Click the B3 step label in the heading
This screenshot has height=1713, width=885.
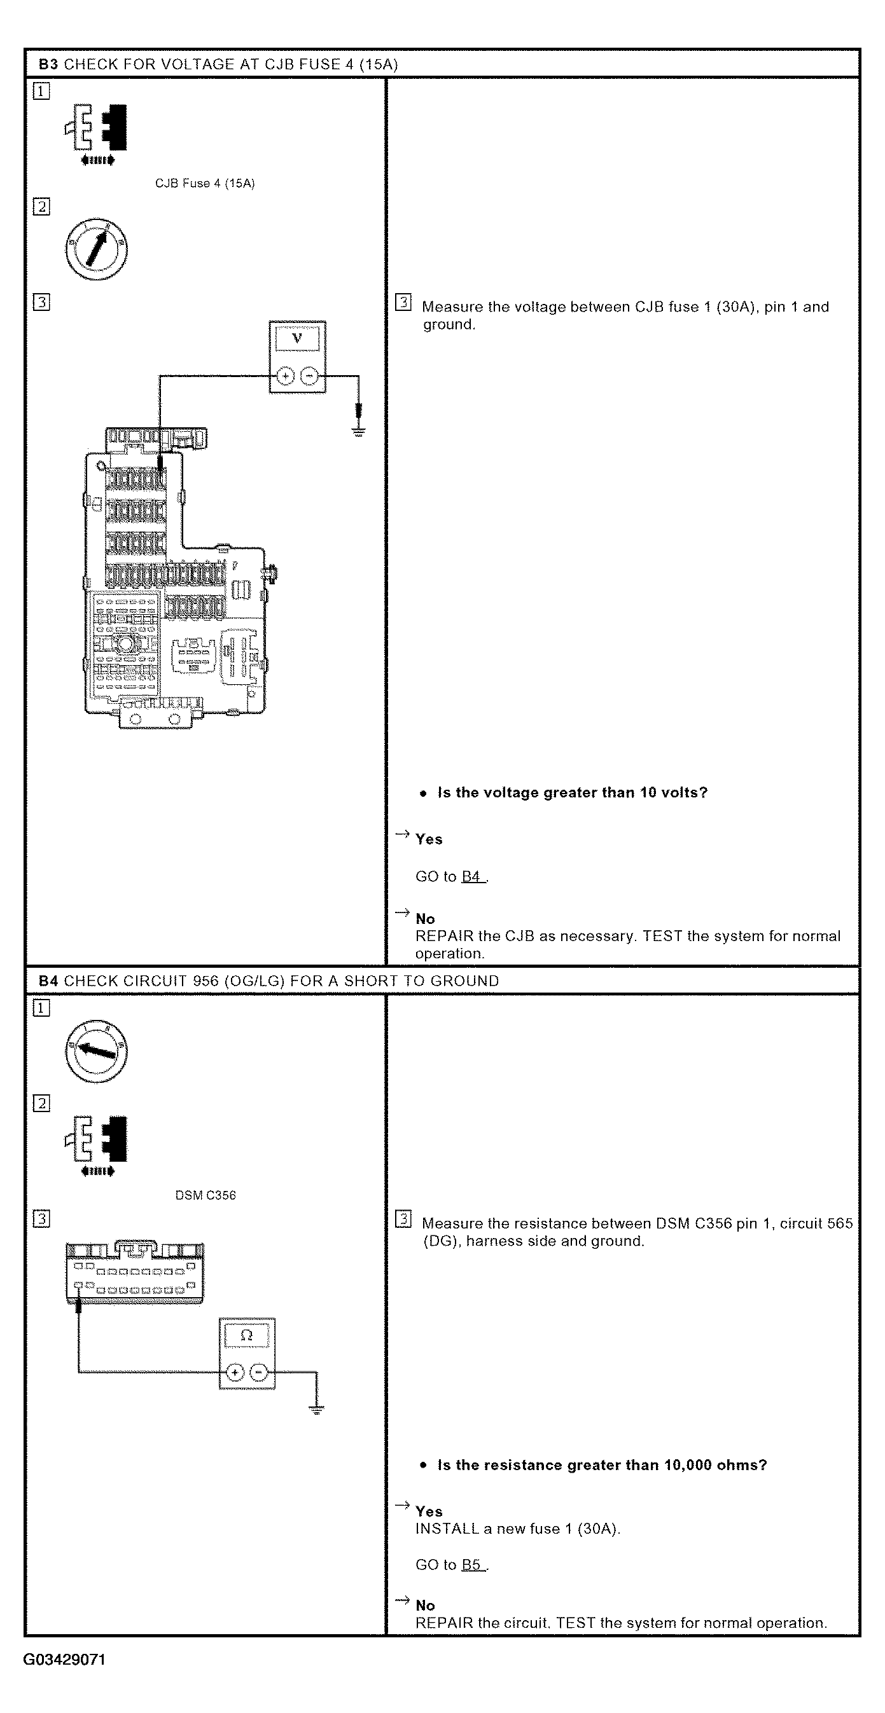coord(48,64)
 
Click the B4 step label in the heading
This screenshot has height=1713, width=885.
coord(48,981)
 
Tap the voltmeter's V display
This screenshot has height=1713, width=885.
coord(298,338)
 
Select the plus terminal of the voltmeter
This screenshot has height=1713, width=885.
coord(285,376)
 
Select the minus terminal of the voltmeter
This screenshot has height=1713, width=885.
coord(309,376)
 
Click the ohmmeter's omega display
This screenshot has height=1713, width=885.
coord(246,1335)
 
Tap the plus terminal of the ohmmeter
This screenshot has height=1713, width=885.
coord(234,1373)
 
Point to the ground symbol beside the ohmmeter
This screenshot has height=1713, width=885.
coord(317,1409)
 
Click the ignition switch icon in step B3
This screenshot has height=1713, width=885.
coord(97,249)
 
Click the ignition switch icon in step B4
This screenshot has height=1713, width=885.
coord(97,1050)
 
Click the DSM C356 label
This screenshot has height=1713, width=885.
coord(206,1195)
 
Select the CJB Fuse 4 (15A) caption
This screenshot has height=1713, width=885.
coord(205,184)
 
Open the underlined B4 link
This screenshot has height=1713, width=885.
coord(471,876)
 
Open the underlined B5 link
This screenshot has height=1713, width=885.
coord(471,1565)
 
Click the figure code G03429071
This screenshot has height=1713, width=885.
coord(64,1660)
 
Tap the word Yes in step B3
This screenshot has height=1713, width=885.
coord(429,839)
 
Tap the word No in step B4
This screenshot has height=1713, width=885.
coord(425,1606)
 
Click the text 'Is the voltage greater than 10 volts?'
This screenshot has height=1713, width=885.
coord(572,793)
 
